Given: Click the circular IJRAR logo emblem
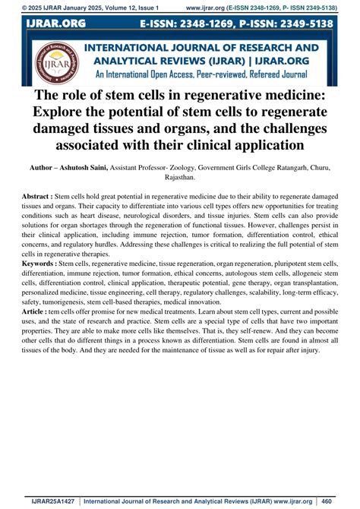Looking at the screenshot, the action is tap(54, 63).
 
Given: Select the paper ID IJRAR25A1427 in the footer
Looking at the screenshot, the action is tap(52, 501).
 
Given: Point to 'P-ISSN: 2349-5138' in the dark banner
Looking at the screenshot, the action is tap(298, 25).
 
